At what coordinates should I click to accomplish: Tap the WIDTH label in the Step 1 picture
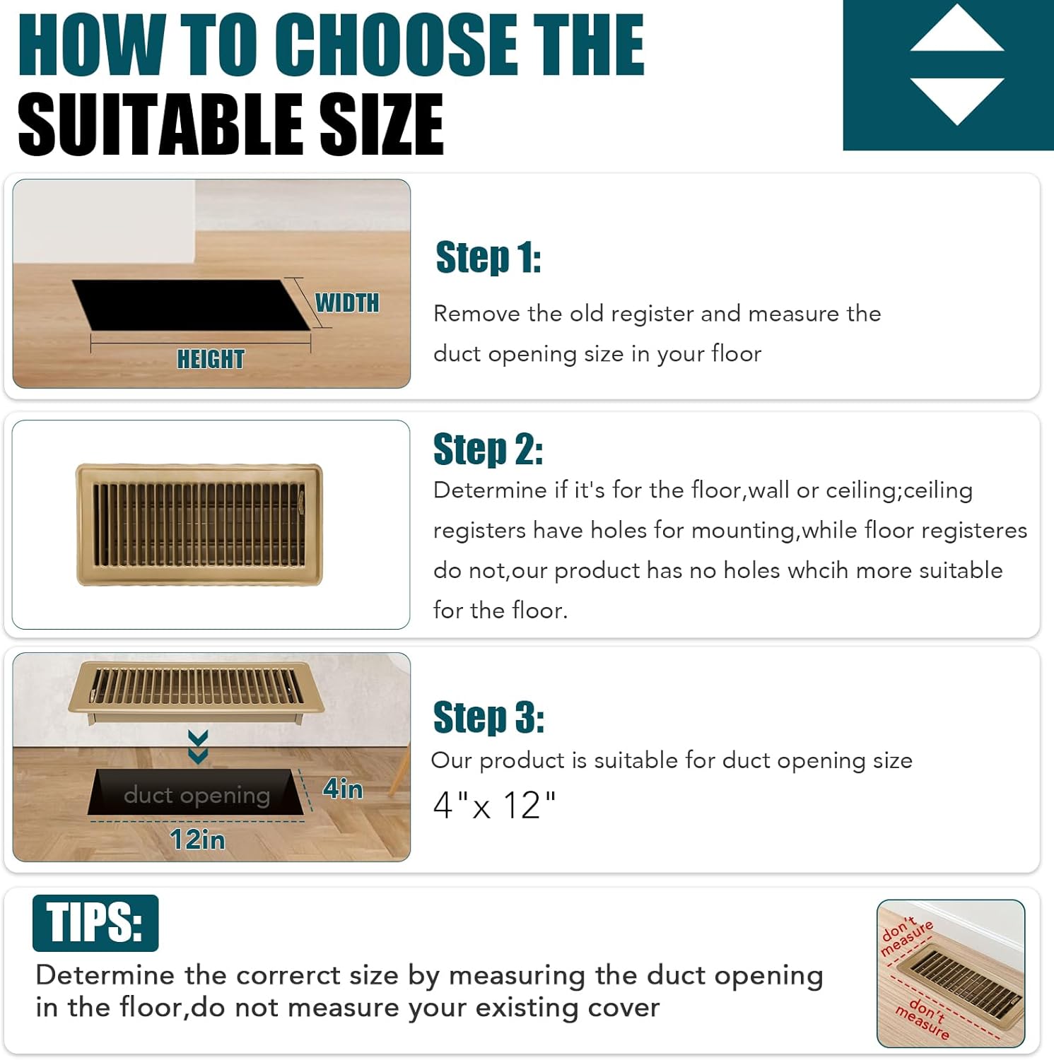click(347, 302)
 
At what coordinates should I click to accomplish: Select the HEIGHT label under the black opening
click(211, 359)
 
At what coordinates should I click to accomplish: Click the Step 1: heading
click(488, 257)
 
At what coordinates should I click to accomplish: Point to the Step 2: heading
click(488, 449)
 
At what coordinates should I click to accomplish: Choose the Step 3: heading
click(488, 717)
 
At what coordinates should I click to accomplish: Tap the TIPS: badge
click(95, 923)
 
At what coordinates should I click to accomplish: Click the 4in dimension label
click(343, 789)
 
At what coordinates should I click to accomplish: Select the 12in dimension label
click(197, 840)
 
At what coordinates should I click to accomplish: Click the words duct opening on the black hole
click(197, 796)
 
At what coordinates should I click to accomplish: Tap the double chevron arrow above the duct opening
click(198, 746)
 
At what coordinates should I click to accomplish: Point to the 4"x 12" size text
click(494, 805)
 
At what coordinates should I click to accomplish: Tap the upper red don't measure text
click(907, 936)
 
